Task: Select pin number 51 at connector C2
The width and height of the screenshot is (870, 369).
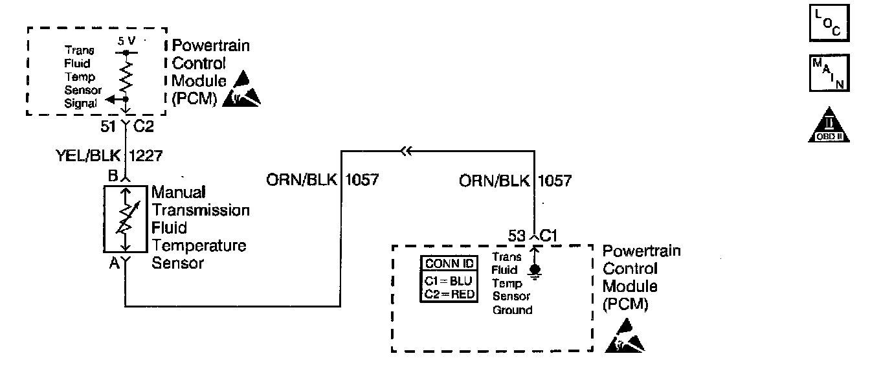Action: pos(108,128)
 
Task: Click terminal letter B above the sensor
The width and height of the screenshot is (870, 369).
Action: pos(112,175)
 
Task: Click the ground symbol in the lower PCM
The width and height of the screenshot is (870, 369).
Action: pos(535,272)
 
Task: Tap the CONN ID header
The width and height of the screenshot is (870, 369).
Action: pos(449,264)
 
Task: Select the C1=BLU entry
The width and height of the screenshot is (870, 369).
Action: pos(449,282)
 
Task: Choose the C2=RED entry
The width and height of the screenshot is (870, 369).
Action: pos(449,294)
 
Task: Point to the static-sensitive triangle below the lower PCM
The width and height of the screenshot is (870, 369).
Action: pos(625,341)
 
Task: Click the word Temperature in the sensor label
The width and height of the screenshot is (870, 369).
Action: pos(199,246)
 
